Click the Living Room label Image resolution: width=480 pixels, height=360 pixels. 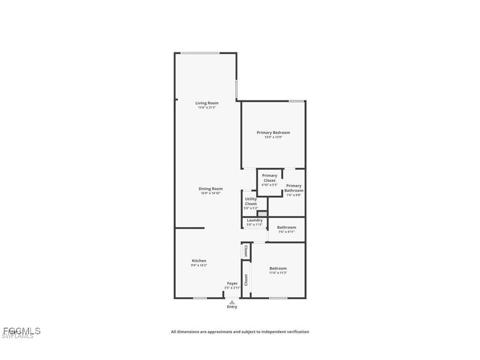[x=207, y=103]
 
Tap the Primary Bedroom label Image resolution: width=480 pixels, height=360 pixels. [x=273, y=133]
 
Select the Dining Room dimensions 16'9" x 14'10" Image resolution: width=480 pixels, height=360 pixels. [x=210, y=193]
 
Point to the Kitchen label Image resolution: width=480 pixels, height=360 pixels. [x=199, y=261]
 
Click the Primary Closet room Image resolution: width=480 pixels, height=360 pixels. [x=270, y=180]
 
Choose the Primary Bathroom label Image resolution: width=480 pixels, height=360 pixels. [x=294, y=188]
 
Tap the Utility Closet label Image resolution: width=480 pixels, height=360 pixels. [x=251, y=202]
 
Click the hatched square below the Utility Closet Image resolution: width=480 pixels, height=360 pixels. [x=262, y=214]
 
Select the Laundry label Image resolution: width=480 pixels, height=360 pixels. [x=255, y=220]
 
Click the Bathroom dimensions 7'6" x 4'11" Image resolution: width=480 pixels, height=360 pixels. [x=286, y=232]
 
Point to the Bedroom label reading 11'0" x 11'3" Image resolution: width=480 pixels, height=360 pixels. [x=278, y=269]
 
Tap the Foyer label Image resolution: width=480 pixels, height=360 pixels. [x=232, y=284]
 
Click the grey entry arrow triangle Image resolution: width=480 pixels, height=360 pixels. [x=232, y=302]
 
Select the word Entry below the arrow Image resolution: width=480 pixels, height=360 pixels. [x=232, y=307]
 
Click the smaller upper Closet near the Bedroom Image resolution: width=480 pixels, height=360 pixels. [x=246, y=251]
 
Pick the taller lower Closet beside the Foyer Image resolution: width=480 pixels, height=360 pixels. [x=246, y=280]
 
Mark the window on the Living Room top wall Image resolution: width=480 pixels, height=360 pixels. [x=200, y=53]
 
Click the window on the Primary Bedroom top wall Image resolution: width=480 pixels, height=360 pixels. [x=296, y=101]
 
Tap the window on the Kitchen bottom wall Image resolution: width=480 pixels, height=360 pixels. [x=200, y=298]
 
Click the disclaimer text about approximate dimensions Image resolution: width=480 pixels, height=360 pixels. [x=240, y=332]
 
